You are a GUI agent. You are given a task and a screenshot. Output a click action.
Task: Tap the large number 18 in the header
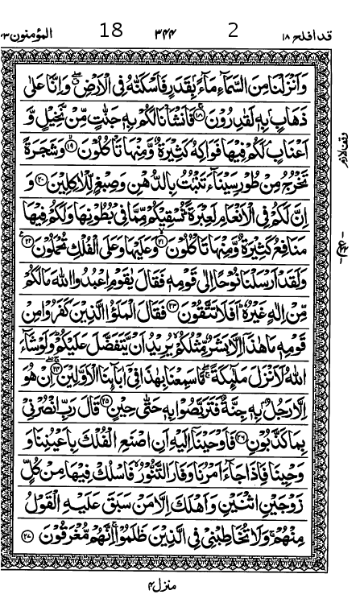coord(111,31)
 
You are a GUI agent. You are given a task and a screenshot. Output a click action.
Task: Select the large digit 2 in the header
coord(233,31)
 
